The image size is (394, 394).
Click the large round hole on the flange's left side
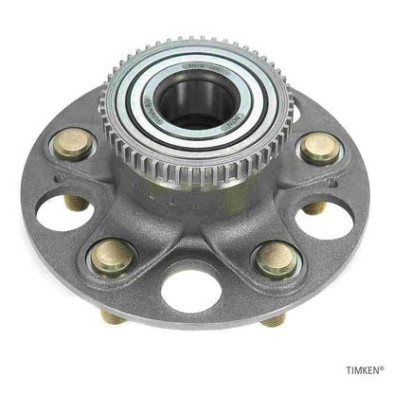coord(63,210)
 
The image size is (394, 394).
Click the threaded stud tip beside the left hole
coord(76,202)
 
